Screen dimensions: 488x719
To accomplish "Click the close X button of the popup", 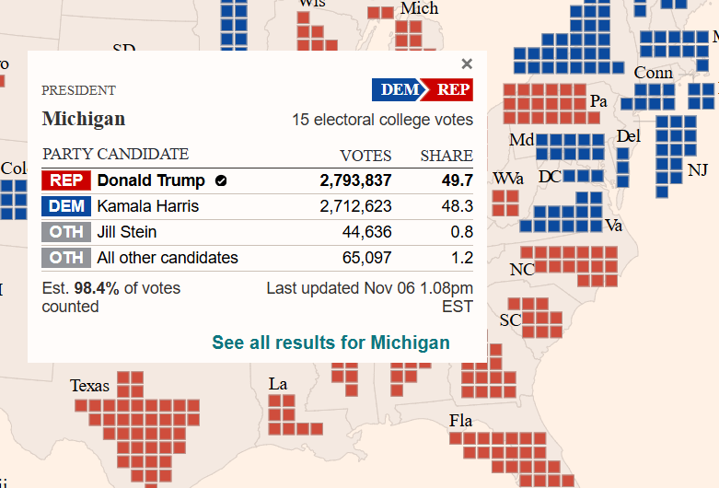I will pos(467,64).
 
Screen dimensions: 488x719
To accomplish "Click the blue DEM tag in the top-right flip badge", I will pos(400,89).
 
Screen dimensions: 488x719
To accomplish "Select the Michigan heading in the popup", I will pos(84,120).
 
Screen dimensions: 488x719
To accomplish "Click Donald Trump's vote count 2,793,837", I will pos(355,180).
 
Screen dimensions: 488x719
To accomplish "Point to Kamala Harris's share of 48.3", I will pos(458,206).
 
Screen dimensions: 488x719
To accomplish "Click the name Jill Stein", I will pos(127,232).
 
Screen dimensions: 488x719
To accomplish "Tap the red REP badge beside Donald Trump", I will pos(66,180).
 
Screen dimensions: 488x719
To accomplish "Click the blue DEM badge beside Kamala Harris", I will pos(66,206).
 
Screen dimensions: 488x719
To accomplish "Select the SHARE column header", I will pos(446,156).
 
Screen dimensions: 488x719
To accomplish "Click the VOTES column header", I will pos(365,156).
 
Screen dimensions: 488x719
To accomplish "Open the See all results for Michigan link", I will pos(331,343).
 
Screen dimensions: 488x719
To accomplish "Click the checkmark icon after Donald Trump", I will pos(221,180).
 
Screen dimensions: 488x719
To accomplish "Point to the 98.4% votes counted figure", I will pos(97,288).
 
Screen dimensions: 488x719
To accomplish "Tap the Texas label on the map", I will pos(89,386).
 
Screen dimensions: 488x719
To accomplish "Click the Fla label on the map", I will pos(460,421).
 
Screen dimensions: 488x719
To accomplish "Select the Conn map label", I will pos(653,73).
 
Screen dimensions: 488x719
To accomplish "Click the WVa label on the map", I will pos(508,178).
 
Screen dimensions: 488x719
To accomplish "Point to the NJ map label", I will pos(698,170).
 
